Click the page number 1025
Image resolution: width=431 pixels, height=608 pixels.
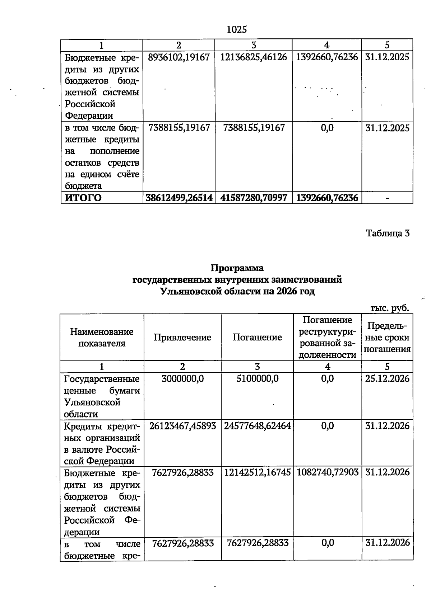point(237,30)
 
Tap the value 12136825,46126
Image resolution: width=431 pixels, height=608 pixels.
point(254,57)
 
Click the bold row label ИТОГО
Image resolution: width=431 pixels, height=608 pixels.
point(83,198)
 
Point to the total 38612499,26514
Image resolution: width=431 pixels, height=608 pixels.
point(179,198)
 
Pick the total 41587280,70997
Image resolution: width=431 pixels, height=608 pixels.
point(254,198)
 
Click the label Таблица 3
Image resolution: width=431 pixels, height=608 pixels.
point(388,234)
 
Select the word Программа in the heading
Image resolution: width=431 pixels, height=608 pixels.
point(237,268)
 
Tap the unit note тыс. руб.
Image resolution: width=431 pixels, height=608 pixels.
point(390,308)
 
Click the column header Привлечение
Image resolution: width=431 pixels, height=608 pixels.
point(182,337)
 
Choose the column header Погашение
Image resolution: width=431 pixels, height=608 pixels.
point(257,337)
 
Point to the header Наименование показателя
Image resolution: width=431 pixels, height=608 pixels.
point(102,337)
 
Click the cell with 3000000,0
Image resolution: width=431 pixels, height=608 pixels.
point(182,378)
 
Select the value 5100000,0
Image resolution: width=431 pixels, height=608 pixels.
point(257,378)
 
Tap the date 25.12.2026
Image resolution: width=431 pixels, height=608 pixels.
point(387,378)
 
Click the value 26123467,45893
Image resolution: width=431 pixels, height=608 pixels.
point(182,426)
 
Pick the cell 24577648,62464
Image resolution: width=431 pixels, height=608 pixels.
point(257,426)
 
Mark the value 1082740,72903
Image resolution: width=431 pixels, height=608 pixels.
point(327,472)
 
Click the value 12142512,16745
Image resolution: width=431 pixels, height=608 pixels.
point(257,472)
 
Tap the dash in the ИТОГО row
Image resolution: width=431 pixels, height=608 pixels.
point(388,198)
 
